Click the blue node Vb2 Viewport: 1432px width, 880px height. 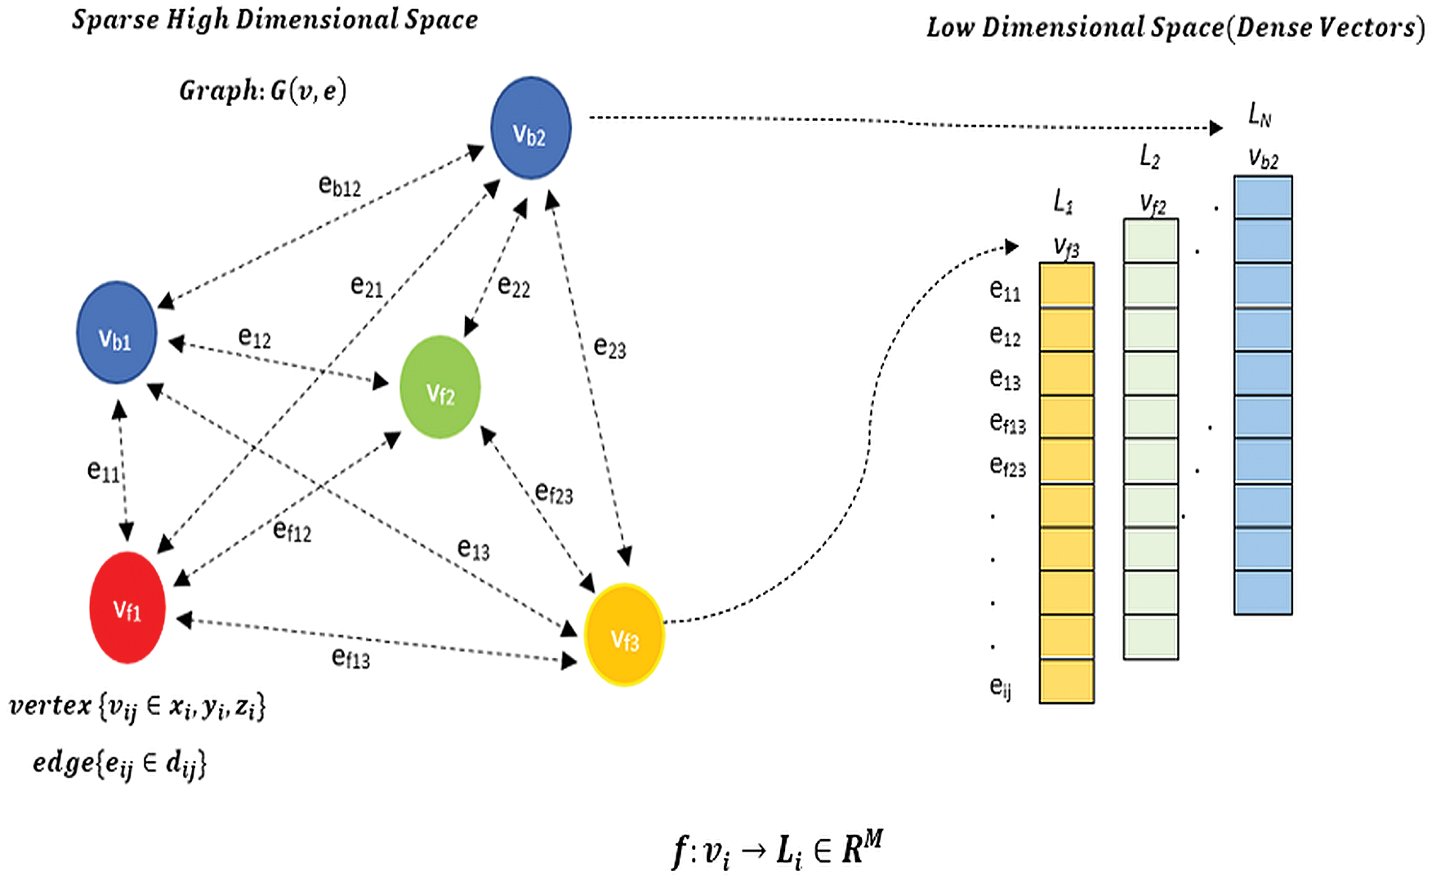(x=530, y=128)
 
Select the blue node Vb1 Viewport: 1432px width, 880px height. (x=116, y=333)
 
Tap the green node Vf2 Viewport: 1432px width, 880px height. (x=439, y=388)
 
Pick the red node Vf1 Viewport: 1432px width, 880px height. (x=127, y=608)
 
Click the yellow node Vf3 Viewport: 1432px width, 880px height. (x=624, y=635)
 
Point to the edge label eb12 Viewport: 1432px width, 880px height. (x=339, y=186)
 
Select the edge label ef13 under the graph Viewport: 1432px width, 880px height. (x=350, y=657)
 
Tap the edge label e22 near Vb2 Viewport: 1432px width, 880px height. (x=514, y=287)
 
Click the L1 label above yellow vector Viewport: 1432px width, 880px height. (x=1063, y=201)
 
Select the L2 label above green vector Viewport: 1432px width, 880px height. (x=1149, y=156)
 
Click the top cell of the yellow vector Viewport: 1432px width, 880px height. (x=1066, y=284)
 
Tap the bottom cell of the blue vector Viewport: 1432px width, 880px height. (x=1263, y=593)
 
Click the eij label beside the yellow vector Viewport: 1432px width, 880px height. (x=1001, y=687)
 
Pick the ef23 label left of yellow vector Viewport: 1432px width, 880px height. (x=1007, y=466)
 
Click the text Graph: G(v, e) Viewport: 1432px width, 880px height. (x=263, y=90)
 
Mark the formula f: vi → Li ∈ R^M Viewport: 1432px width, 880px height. (x=776, y=849)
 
